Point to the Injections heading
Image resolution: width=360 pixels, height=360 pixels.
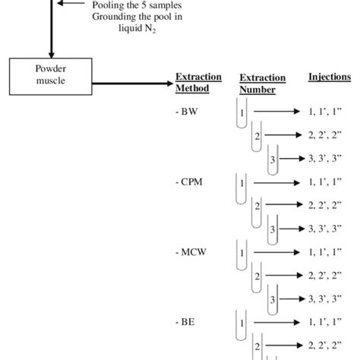point(330,77)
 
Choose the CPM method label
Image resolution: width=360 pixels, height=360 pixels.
point(190,182)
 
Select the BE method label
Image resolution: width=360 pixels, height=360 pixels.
point(186,321)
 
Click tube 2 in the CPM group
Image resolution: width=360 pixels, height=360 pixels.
point(258,206)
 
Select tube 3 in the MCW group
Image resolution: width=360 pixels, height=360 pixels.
point(273,298)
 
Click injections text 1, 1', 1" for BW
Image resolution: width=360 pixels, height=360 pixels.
point(327,112)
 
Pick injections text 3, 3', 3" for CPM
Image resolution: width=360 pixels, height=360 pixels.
point(327,229)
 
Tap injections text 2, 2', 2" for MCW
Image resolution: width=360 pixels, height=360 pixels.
point(327,275)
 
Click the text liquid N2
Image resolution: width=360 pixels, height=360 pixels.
point(133,30)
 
